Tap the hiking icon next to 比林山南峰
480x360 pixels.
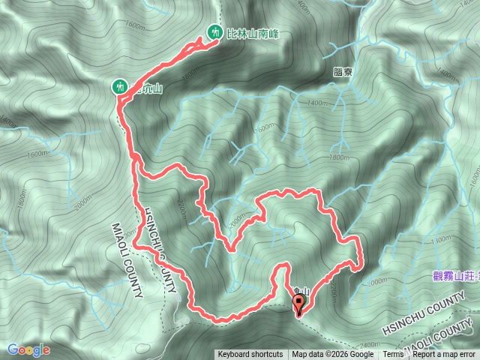coord(214,32)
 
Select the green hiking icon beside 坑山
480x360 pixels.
coord(119,87)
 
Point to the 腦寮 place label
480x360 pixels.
coord(341,74)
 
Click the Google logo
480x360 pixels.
coord(28,349)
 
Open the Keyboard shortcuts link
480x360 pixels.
coord(250,355)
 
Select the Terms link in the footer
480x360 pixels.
coord(393,355)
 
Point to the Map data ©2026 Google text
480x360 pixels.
coord(333,355)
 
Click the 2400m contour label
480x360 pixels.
coord(368,321)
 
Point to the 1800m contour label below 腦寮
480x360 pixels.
coord(339,157)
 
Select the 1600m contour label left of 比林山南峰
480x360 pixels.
coord(135,25)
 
